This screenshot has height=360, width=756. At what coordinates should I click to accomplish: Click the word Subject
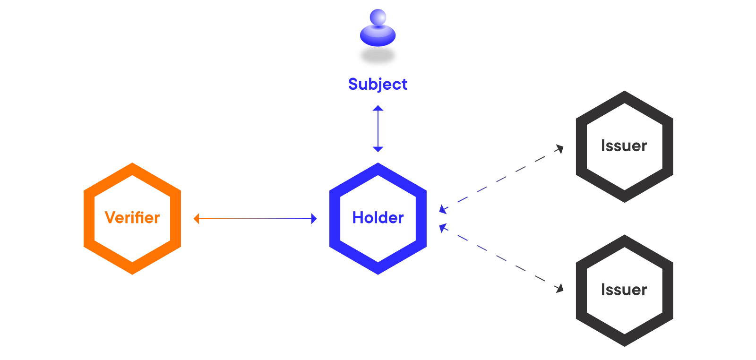pos(378,85)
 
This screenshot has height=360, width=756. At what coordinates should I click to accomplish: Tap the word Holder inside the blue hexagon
pos(378,218)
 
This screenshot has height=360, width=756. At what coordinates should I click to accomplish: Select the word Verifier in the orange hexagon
pos(132,218)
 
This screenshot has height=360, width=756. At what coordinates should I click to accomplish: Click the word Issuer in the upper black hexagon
pos(624,146)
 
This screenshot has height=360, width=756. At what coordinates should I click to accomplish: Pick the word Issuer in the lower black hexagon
pos(624,290)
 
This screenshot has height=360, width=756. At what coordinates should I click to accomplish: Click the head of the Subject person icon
pos(378,17)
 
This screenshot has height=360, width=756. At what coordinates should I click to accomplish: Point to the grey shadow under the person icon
pos(378,56)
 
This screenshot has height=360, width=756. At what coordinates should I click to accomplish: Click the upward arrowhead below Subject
pos(378,108)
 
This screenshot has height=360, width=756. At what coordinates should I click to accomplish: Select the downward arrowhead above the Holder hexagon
pos(378,149)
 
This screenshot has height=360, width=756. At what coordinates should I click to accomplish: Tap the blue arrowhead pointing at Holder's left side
pos(314,219)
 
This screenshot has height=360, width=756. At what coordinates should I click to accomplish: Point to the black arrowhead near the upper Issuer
pos(560,149)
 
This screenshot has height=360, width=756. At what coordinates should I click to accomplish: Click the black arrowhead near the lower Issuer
pos(560,289)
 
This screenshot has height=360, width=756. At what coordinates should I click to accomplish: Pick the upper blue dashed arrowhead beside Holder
pos(443,209)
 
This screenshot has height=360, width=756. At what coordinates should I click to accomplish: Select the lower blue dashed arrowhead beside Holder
pos(443,228)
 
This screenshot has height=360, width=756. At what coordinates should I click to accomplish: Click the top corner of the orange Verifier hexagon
pos(132,163)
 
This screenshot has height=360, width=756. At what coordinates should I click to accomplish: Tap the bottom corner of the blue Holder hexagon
pos(378,274)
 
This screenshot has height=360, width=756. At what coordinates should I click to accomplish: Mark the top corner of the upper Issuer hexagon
pos(624,91)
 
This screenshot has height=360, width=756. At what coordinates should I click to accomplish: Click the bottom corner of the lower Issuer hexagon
pos(624,346)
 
